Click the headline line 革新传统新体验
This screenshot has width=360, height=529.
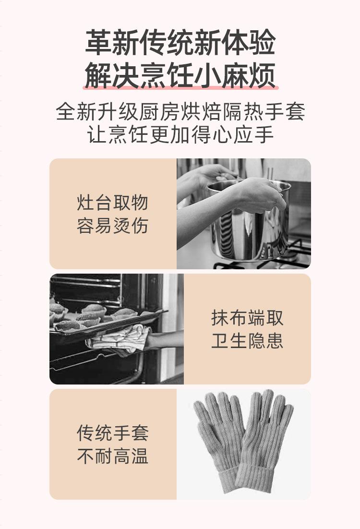(x=180, y=42)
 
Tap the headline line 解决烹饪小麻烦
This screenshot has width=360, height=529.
(x=180, y=75)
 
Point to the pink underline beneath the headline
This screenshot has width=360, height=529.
(x=180, y=88)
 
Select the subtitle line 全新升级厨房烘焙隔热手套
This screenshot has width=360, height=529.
(x=180, y=112)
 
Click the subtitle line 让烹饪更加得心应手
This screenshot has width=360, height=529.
(x=180, y=134)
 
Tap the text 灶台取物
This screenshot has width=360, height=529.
(x=113, y=203)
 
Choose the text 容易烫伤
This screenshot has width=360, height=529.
(x=113, y=226)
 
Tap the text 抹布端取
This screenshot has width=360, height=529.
(x=247, y=318)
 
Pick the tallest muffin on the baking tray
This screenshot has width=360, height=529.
(x=94, y=310)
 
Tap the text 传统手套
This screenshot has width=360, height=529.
(x=113, y=433)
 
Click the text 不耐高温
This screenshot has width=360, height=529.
(x=113, y=456)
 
